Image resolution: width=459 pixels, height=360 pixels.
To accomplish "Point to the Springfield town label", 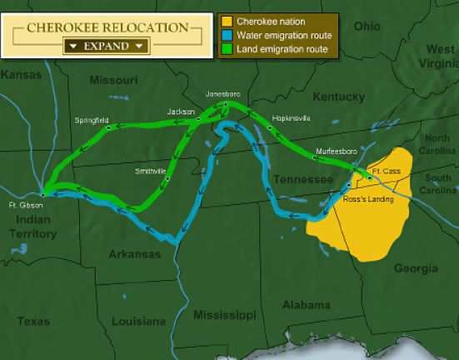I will pos(91,120).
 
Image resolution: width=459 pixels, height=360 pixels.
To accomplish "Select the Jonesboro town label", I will pos(224,93).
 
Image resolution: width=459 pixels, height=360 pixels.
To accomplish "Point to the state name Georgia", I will pos(415,268).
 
